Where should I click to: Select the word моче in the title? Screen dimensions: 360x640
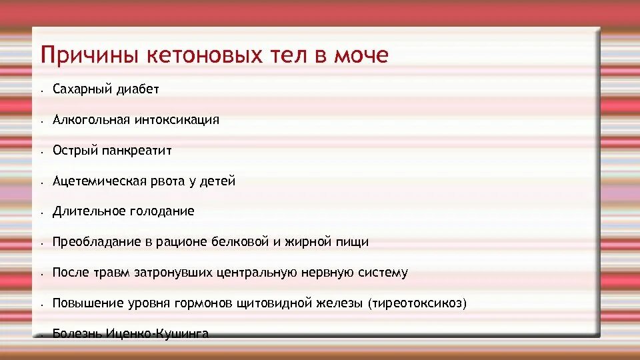[x=359, y=55]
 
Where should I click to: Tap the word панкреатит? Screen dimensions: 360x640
[x=137, y=151]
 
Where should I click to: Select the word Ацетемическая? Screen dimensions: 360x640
[x=95, y=181]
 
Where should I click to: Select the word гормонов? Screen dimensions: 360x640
[x=201, y=303]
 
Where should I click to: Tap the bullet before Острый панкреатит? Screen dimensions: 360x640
[x=41, y=152]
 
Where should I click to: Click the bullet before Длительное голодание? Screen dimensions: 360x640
[x=41, y=213]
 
